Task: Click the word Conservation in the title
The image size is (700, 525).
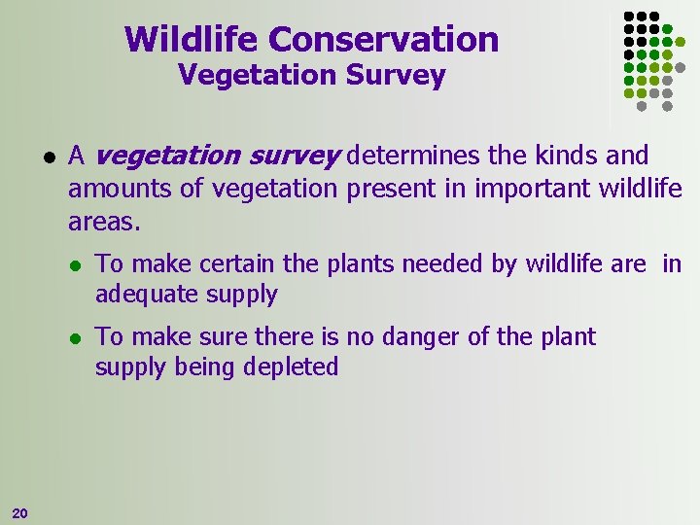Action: coord(383,40)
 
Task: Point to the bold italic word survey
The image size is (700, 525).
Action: coord(297,157)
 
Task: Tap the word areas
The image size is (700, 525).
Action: coord(104,223)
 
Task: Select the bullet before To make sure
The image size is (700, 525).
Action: coord(74,338)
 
